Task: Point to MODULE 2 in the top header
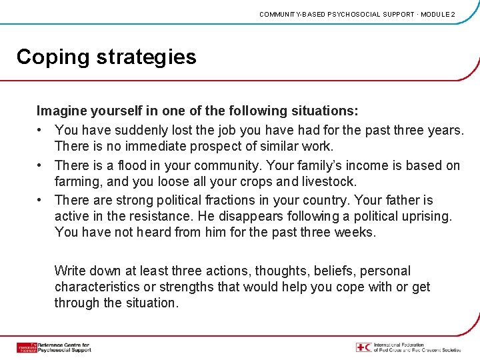click(x=437, y=14)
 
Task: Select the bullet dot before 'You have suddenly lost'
click(x=41, y=130)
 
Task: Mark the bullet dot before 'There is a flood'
click(x=41, y=165)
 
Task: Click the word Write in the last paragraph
click(x=70, y=271)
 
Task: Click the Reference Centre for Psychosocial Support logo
click(x=53, y=347)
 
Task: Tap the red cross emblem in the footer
click(x=363, y=347)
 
